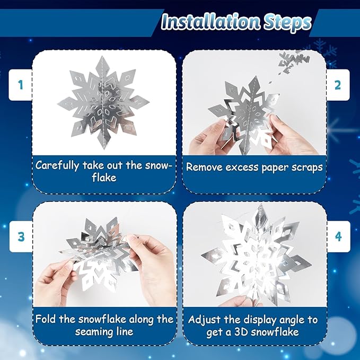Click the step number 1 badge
21,85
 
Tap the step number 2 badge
337,85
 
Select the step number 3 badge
21,236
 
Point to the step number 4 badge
337,236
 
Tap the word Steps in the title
289,22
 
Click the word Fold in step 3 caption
46,319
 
